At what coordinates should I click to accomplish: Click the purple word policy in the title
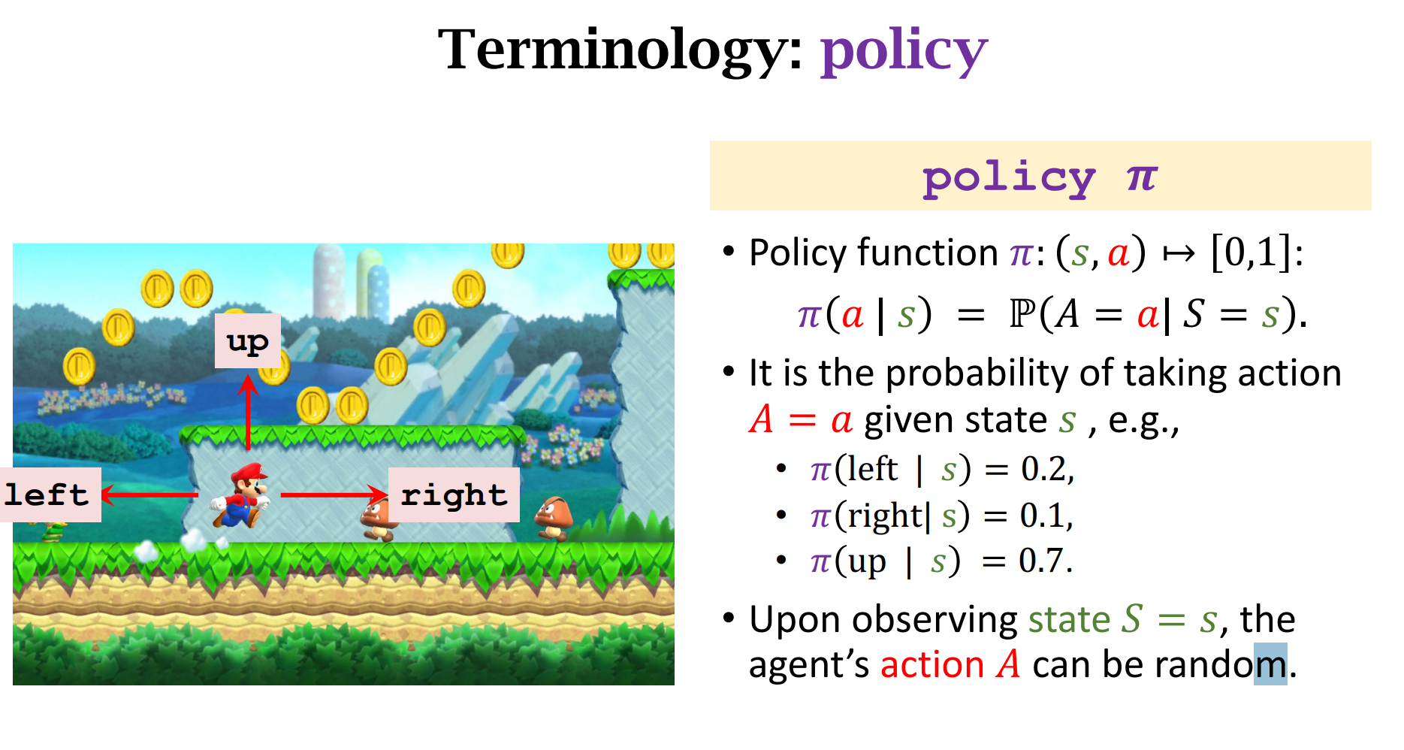[904, 51]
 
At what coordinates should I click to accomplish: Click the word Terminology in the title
[620, 49]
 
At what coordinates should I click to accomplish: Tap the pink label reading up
[248, 341]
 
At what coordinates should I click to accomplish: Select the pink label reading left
[50, 494]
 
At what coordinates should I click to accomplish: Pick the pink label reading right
[454, 494]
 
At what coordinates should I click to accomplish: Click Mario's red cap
[249, 473]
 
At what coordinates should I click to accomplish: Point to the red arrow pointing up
[249, 412]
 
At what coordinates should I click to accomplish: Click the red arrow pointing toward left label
[149, 494]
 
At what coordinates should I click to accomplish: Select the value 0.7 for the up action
[1044, 561]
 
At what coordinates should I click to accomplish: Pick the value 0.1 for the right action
[1045, 516]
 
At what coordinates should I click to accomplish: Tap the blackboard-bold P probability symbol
[1022, 313]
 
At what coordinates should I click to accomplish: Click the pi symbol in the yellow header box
[1142, 178]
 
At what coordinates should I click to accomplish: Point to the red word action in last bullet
[932, 665]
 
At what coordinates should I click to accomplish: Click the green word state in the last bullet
[1069, 620]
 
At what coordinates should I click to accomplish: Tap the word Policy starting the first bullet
[799, 253]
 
